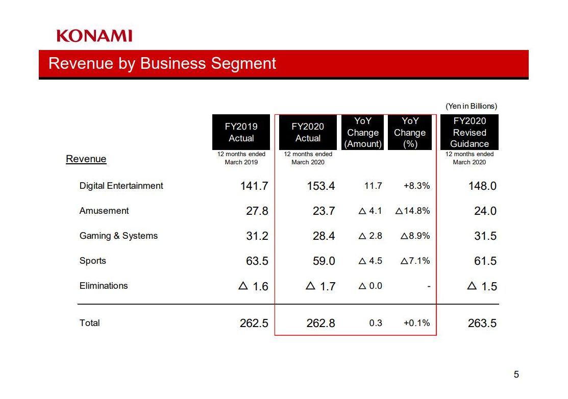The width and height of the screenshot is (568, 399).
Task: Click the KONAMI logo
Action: pyautogui.click(x=94, y=36)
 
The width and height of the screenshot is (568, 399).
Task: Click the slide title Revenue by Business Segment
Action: pyautogui.click(x=162, y=63)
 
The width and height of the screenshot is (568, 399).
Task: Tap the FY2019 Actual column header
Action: pyautogui.click(x=241, y=132)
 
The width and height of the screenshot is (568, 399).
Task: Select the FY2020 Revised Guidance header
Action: pyautogui.click(x=470, y=132)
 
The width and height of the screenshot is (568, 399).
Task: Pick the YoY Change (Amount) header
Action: pyautogui.click(x=363, y=132)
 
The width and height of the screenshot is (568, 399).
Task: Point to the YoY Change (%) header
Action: pyautogui.click(x=410, y=132)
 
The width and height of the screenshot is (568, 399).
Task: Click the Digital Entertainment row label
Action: pyautogui.click(x=121, y=186)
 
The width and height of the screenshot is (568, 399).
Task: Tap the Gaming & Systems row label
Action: pyautogui.click(x=118, y=236)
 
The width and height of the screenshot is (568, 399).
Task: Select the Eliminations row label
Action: pyautogui.click(x=104, y=286)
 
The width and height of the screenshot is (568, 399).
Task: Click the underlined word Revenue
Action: pyautogui.click(x=86, y=159)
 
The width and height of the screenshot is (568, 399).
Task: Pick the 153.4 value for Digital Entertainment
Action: pyautogui.click(x=321, y=186)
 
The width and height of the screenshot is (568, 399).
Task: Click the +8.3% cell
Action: pyautogui.click(x=416, y=186)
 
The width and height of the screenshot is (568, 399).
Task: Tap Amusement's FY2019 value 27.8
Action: pyautogui.click(x=257, y=211)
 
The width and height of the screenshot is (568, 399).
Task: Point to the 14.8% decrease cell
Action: pyautogui.click(x=413, y=211)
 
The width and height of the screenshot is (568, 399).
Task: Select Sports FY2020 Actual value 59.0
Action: pyautogui.click(x=324, y=261)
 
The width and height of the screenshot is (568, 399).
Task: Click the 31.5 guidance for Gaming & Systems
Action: pyautogui.click(x=485, y=236)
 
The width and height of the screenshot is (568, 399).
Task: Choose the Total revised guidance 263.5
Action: pyautogui.click(x=482, y=323)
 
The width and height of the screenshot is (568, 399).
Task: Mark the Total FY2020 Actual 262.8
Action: pyautogui.click(x=321, y=323)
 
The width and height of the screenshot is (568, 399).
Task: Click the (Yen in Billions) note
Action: pyautogui.click(x=471, y=106)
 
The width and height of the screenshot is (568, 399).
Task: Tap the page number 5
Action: pyautogui.click(x=516, y=375)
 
